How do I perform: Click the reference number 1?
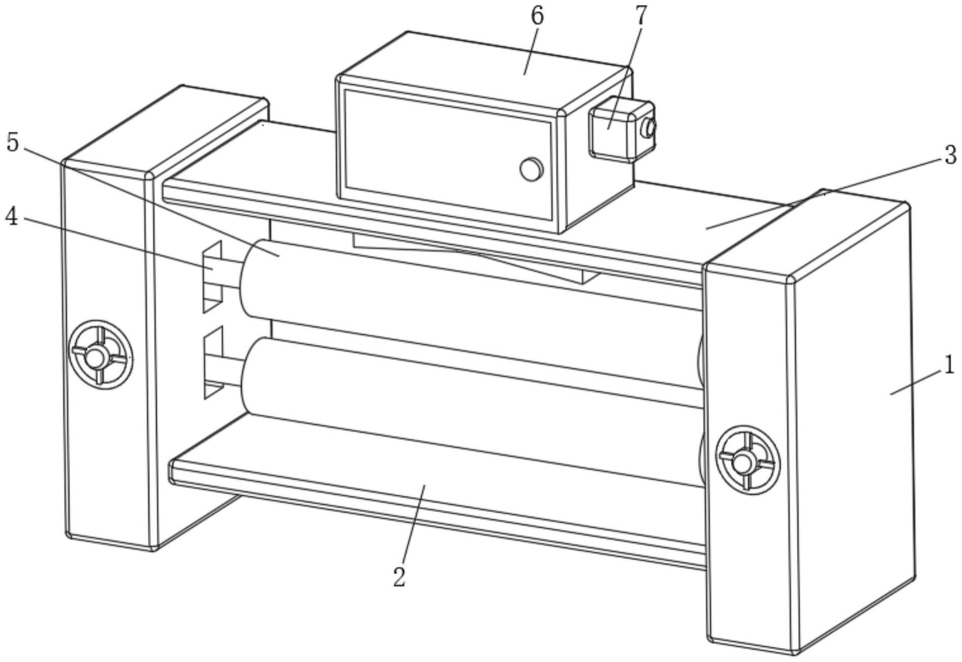(948, 366)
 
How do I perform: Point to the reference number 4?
(12, 218)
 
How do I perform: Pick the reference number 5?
(12, 143)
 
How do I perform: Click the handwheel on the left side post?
(101, 355)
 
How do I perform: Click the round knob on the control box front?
(531, 168)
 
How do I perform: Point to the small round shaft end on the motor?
(650, 128)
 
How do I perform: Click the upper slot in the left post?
(213, 277)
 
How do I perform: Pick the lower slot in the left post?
(213, 363)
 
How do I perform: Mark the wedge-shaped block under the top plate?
(476, 257)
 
